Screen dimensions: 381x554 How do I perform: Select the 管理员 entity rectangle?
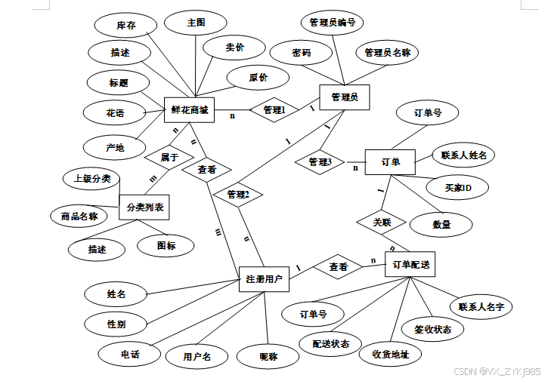click(x=344, y=97)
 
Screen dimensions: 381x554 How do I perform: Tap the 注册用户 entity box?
click(x=264, y=279)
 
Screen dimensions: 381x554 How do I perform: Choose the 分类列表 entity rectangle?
click(x=146, y=206)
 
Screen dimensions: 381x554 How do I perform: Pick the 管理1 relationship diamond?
click(x=274, y=110)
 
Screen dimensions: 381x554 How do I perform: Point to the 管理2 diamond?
click(x=237, y=195)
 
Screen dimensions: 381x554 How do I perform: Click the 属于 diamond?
click(x=169, y=158)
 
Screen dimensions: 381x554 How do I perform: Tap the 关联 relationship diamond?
click(x=380, y=223)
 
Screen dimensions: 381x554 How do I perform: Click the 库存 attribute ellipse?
click(x=125, y=26)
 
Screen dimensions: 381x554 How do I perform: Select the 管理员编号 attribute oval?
click(x=333, y=22)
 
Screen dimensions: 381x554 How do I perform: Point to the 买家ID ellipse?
click(x=457, y=186)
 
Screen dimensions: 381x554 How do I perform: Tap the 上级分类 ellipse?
click(x=92, y=179)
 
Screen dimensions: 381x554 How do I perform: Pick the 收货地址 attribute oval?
click(x=390, y=354)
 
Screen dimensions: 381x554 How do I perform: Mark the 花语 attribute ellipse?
click(x=115, y=114)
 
